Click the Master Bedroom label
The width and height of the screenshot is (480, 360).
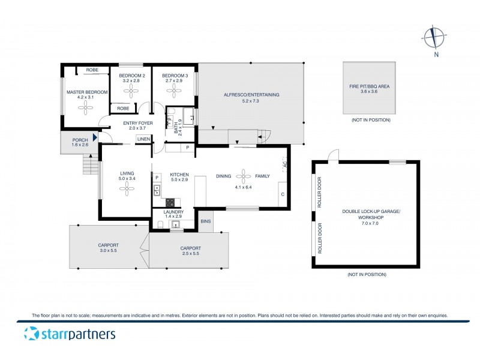point(87,92)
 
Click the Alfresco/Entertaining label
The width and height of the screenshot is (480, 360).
point(251,95)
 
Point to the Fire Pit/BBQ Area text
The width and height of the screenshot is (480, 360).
point(370,86)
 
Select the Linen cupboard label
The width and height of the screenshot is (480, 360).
point(143,139)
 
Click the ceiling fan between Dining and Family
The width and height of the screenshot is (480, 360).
point(244,176)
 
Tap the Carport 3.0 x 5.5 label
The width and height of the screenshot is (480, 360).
point(109,245)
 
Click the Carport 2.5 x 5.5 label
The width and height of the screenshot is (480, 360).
point(190,248)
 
